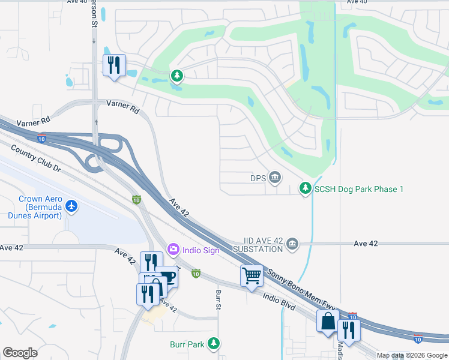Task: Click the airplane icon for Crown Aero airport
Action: point(72,206)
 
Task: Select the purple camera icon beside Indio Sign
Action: point(173,248)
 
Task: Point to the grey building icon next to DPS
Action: point(275,177)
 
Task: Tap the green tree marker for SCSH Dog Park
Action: point(306,188)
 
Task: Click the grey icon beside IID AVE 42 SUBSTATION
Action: point(292,243)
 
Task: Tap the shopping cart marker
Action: point(252,277)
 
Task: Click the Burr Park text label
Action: point(187,344)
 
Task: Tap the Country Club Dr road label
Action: point(36,160)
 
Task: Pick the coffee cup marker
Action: point(167,277)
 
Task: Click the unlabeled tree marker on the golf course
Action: point(176,76)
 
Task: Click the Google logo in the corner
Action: point(20,353)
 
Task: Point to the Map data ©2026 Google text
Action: point(412,355)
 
